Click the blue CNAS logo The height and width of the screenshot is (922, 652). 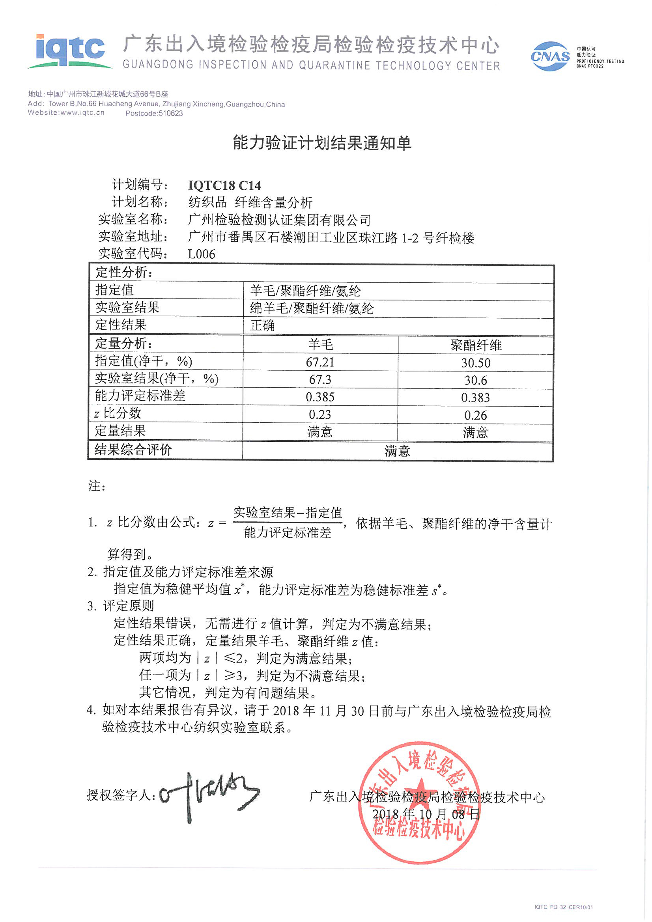(549, 57)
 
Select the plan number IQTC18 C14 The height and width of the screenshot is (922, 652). (224, 185)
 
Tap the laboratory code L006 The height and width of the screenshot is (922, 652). (201, 254)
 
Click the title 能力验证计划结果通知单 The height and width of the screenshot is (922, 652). (322, 143)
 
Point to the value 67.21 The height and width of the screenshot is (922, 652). (320, 362)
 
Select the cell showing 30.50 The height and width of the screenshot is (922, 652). (476, 363)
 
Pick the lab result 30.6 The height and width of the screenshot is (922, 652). (476, 380)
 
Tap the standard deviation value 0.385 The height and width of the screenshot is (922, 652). (320, 397)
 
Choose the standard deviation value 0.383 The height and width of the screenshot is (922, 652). (475, 398)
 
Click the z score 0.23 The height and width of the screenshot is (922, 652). (320, 414)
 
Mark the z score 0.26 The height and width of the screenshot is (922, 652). (475, 415)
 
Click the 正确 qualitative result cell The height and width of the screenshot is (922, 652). (263, 325)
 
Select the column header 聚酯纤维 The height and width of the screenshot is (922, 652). (476, 345)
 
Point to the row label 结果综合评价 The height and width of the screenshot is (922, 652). (133, 449)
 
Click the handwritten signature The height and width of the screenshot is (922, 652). (209, 795)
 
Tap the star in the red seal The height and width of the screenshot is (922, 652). (419, 790)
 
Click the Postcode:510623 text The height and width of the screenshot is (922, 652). (154, 114)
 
